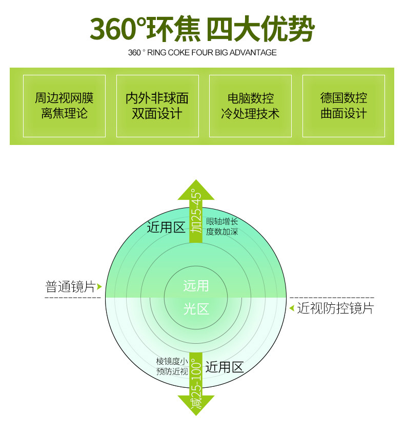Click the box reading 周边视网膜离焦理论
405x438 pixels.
click(64, 106)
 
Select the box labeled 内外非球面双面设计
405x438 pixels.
click(157, 106)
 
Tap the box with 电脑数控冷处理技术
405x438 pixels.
click(250, 106)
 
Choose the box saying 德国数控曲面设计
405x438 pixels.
click(343, 106)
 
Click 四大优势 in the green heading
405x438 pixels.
click(260, 29)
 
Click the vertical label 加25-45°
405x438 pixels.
click(196, 212)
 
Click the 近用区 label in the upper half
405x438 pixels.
click(166, 227)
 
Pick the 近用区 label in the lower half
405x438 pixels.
click(224, 367)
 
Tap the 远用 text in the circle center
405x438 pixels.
click(196, 285)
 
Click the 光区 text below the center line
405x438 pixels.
click(196, 309)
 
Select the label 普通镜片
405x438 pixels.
click(71, 287)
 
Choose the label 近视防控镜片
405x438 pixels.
click(335, 308)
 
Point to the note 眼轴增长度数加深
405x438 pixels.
click(222, 226)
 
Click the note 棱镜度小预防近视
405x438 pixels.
click(172, 366)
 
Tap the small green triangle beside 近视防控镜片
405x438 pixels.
click(292, 308)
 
